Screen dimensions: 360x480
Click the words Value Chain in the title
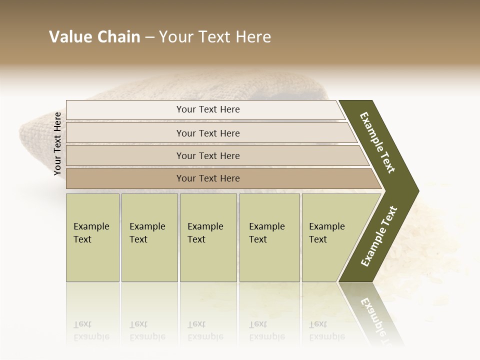click(x=94, y=37)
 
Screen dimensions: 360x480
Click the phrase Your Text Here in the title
click(x=215, y=37)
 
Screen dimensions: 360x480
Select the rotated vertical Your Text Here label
click(x=57, y=143)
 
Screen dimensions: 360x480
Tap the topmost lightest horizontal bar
click(x=207, y=109)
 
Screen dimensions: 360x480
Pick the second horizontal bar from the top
click(x=207, y=133)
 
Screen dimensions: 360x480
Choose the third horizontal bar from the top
click(x=207, y=155)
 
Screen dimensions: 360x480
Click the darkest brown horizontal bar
click(x=207, y=178)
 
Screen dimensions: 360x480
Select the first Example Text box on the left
click(x=92, y=237)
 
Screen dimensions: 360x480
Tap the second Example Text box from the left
click(x=149, y=237)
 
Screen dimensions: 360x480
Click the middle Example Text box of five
click(x=208, y=237)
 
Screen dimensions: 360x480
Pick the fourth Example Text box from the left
click(x=269, y=237)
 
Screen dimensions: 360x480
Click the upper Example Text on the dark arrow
click(x=377, y=142)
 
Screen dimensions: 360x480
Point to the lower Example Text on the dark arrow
click(x=378, y=236)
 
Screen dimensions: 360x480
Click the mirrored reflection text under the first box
click(x=91, y=330)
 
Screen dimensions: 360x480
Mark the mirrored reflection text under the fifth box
click(x=327, y=330)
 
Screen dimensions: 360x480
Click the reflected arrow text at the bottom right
click(x=376, y=315)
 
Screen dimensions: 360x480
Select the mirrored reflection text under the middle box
click(x=205, y=330)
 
